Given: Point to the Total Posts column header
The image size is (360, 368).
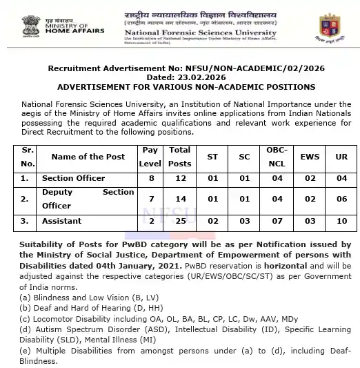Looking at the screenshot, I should pyautogui.click(x=180, y=157).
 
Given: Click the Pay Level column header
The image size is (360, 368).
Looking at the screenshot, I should pyautogui.click(x=150, y=157).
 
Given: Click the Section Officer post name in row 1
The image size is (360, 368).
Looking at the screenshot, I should pyautogui.click(x=73, y=178).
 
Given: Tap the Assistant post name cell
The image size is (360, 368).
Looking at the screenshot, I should pyautogui.click(x=61, y=221).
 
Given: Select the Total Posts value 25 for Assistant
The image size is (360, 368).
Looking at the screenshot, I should pyautogui.click(x=180, y=221).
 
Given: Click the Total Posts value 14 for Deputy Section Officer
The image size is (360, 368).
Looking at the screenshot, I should pyautogui.click(x=180, y=200).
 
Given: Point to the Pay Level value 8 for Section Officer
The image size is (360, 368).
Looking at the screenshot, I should pyautogui.click(x=150, y=178).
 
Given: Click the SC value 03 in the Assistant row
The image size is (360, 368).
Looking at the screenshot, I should pyautogui.click(x=243, y=221).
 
